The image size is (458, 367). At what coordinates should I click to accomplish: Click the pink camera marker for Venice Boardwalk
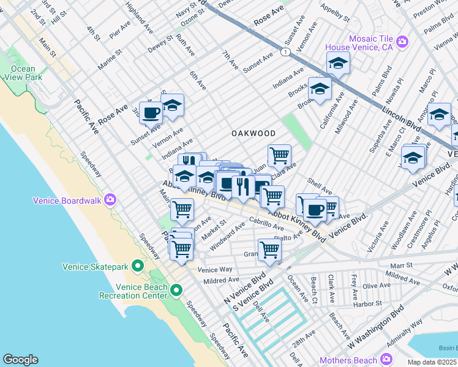point(110,199)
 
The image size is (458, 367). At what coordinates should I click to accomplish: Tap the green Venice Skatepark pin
point(138,266)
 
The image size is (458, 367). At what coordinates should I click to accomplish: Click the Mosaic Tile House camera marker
point(402,42)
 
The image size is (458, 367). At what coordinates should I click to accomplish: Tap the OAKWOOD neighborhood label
point(253,133)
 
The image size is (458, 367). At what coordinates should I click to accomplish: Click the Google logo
point(20,360)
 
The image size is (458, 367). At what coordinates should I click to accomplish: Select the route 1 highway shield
point(285,53)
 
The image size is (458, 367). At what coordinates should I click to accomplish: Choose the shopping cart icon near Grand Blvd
point(269,249)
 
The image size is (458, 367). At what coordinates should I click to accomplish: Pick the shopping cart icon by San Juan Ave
point(279,155)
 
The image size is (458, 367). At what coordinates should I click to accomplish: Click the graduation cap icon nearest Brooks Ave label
point(319,88)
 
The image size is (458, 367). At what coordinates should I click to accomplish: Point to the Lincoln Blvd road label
point(401,117)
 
